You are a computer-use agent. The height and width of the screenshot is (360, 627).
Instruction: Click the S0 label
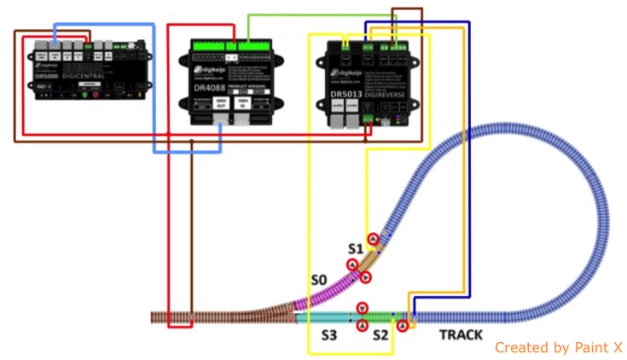click(x=319, y=280)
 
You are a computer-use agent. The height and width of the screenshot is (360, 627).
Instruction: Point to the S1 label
click(x=356, y=248)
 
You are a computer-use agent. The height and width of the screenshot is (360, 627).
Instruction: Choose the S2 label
click(x=380, y=335)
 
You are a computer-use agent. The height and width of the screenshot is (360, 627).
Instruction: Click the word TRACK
click(x=461, y=335)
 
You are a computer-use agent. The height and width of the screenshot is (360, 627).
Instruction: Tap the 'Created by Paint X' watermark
click(x=558, y=347)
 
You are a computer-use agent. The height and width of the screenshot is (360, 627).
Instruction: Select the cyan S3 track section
click(x=328, y=316)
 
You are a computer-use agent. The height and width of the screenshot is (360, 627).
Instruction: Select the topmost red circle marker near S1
click(x=373, y=239)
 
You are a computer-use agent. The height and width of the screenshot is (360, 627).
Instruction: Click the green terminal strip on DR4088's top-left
click(x=208, y=44)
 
